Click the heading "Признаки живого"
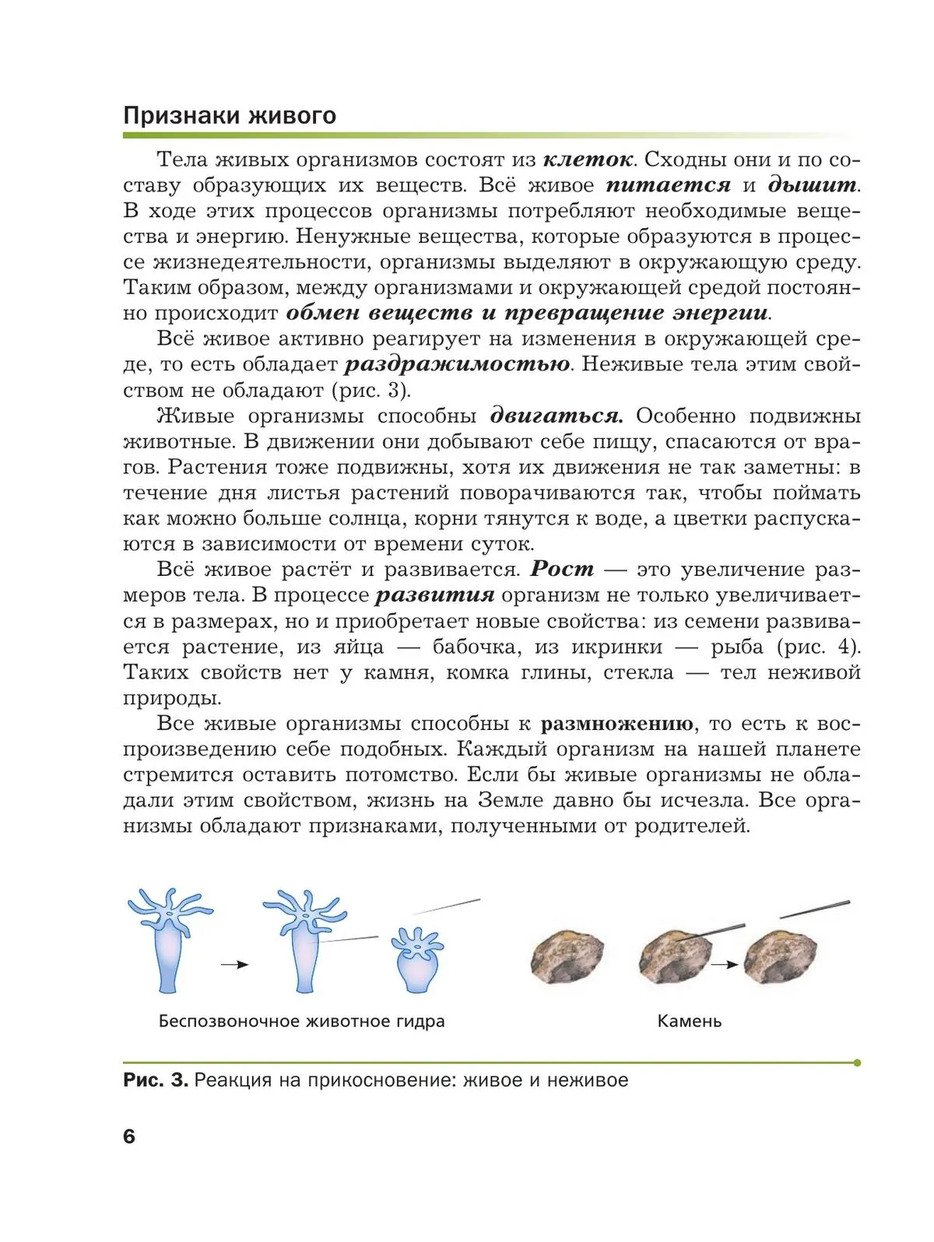230,115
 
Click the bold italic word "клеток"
588,160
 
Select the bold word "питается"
669,185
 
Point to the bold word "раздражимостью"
457,364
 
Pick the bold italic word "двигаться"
557,416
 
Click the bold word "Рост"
562,569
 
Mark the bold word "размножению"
616,724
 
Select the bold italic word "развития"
435,595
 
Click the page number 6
129,1136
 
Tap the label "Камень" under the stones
689,1021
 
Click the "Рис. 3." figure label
156,1080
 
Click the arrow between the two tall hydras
234,965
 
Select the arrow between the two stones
725,965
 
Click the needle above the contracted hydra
446,907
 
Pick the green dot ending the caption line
857,1062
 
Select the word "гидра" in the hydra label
420,1021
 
